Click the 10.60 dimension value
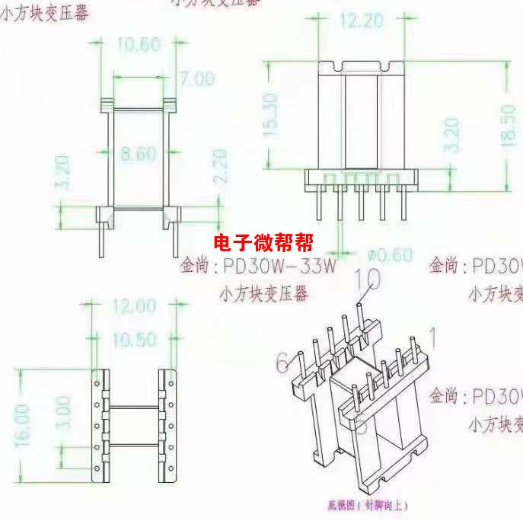[x=138, y=45]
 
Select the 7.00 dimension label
[x=196, y=78]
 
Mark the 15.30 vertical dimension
[x=269, y=115]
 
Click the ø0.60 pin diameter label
[x=389, y=254]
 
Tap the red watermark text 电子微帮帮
[x=263, y=243]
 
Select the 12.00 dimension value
[x=133, y=306]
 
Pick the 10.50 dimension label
[x=133, y=340]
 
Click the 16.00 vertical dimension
[x=23, y=423]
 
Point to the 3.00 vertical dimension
[x=64, y=412]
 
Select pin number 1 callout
[x=434, y=336]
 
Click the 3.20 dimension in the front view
[x=64, y=172]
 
